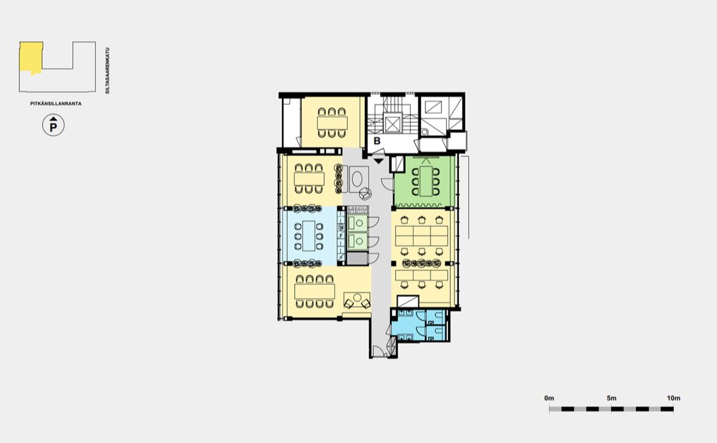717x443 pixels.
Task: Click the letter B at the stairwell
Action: [x=377, y=141]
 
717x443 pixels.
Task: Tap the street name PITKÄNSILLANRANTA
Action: [x=56, y=104]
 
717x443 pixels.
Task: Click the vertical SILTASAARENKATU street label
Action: [x=107, y=70]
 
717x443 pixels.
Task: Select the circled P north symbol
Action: [x=53, y=126]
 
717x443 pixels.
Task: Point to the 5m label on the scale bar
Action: [x=611, y=398]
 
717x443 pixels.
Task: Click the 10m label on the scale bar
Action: [x=673, y=398]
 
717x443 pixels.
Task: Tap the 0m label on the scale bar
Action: [x=549, y=398]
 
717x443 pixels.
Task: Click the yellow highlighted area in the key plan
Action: [x=31, y=57]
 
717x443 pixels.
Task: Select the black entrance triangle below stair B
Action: [x=378, y=160]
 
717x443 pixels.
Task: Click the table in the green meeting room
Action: [x=425, y=181]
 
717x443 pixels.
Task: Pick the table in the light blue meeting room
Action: [x=309, y=236]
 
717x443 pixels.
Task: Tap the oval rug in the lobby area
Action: [x=357, y=179]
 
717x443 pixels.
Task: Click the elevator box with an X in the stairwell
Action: [x=393, y=124]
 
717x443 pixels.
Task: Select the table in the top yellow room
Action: [x=333, y=123]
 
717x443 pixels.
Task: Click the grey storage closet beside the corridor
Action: [x=357, y=259]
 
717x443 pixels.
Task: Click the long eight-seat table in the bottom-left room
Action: [x=315, y=292]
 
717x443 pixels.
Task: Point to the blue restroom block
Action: [x=417, y=325]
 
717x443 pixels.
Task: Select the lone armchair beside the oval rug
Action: [x=365, y=194]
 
